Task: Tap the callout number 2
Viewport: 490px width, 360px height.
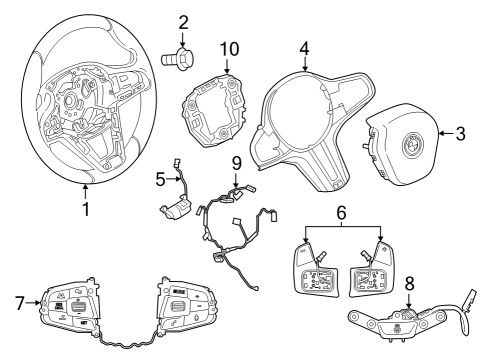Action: [x=183, y=23]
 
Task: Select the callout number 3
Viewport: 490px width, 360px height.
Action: [x=460, y=131]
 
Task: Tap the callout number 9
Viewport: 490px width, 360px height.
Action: [x=237, y=161]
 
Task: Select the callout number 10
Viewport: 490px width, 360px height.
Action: [x=229, y=48]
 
